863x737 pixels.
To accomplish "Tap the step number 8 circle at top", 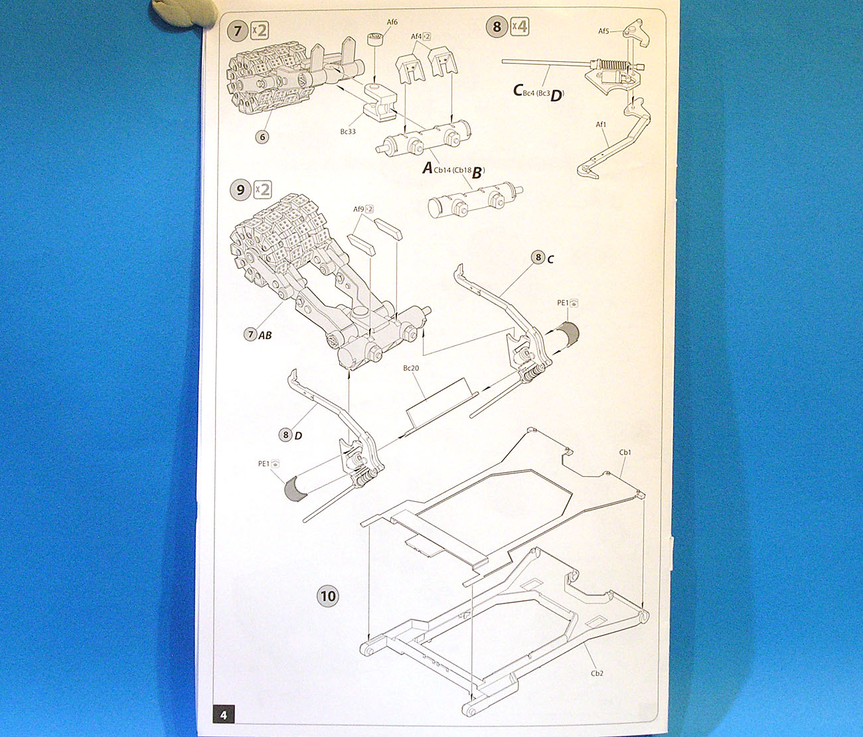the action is coord(497,27).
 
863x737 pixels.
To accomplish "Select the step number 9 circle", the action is coord(240,190).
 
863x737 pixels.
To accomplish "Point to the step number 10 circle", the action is coord(328,596).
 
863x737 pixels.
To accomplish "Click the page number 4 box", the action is coord(224,714).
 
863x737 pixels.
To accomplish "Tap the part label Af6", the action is coord(392,22).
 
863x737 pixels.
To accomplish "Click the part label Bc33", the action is coord(348,131).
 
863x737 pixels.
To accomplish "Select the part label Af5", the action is coord(603,31).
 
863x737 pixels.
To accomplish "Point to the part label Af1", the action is coord(601,124).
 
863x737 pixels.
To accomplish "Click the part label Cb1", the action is coord(625,453).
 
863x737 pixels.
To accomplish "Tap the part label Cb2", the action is coord(597,673).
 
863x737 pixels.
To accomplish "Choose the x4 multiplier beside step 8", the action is coord(519,27).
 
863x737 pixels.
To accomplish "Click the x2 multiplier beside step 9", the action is coord(263,190).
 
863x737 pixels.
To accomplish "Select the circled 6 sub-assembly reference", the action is coord(263,137).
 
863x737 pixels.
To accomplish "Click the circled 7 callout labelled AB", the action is coord(250,335).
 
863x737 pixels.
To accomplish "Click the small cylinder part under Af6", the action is coord(376,40).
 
